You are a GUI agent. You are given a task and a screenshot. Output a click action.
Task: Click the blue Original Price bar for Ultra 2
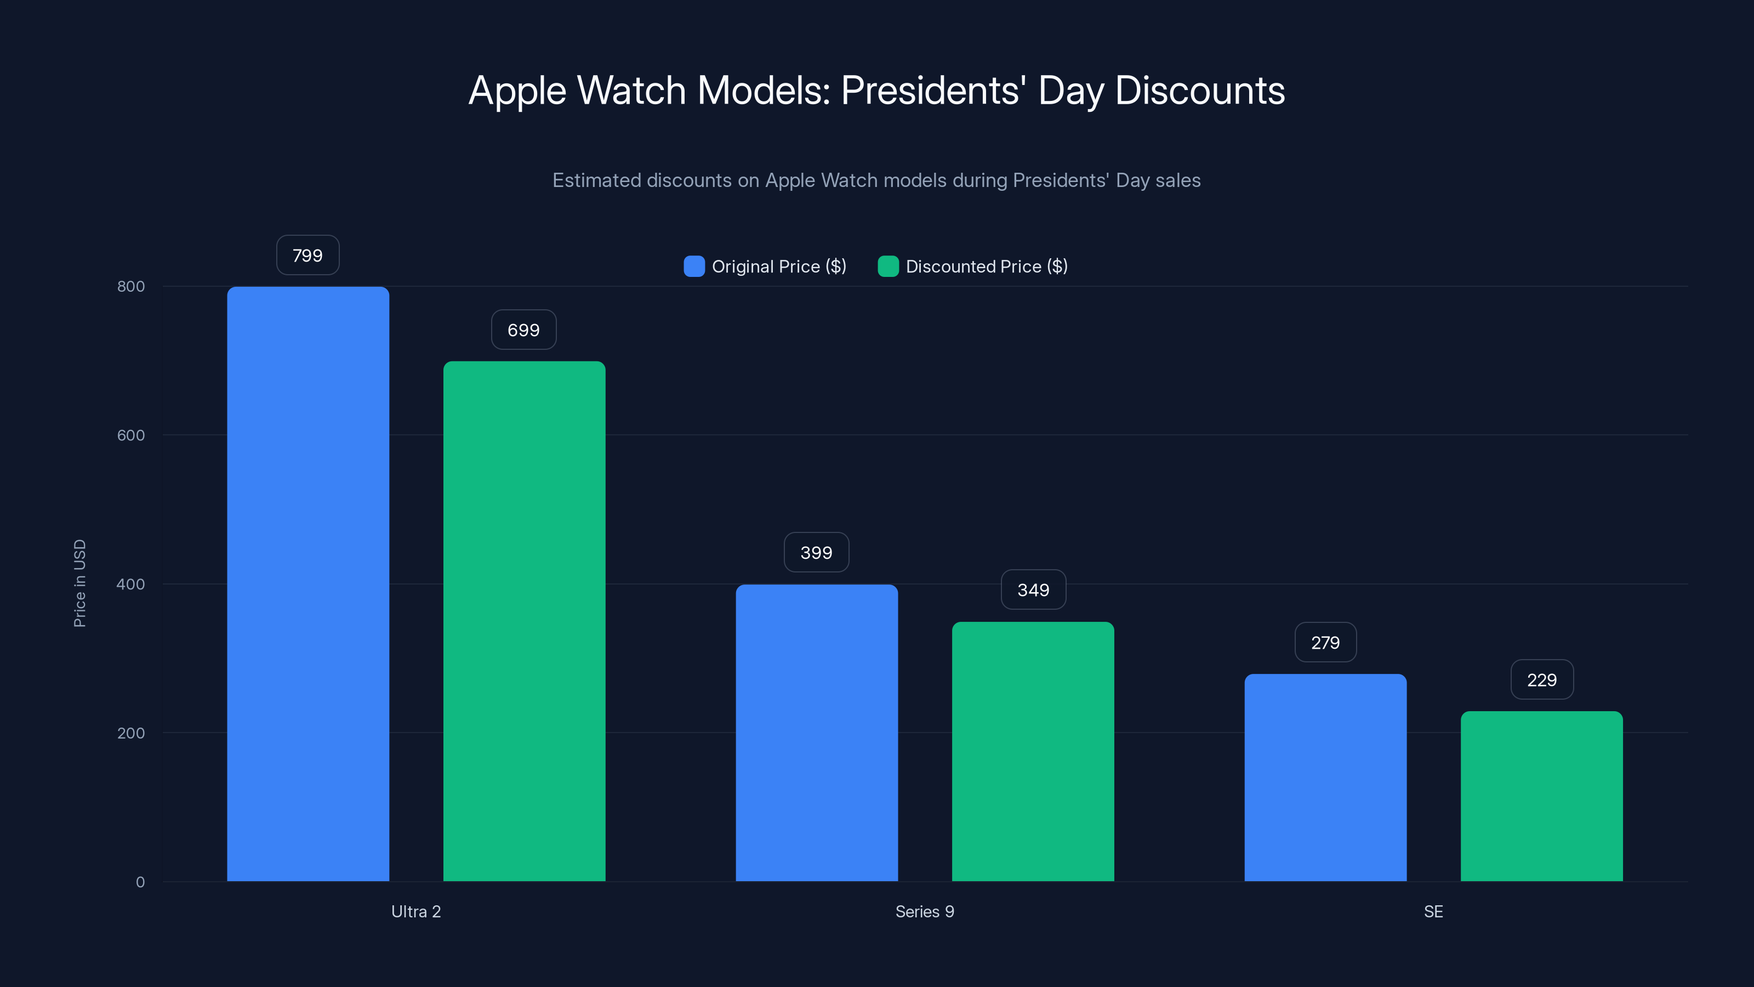click(307, 584)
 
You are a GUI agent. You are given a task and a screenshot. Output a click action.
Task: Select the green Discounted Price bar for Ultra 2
click(525, 621)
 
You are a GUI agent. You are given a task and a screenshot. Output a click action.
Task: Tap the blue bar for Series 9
click(816, 733)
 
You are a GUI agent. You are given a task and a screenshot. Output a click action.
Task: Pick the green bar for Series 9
click(1033, 751)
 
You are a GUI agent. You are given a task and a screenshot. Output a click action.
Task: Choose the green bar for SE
click(1541, 796)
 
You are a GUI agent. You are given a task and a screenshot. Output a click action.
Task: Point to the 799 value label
click(307, 256)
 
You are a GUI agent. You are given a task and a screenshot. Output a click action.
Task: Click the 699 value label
click(523, 330)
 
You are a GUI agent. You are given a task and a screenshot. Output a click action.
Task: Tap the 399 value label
click(816, 552)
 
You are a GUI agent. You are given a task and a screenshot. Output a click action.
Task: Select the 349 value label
click(1033, 590)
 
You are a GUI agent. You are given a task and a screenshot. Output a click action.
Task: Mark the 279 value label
click(1325, 642)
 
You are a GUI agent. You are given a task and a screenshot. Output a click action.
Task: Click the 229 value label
click(1541, 680)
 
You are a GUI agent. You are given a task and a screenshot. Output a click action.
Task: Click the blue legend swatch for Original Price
click(694, 266)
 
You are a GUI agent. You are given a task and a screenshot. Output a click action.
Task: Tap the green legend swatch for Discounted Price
click(888, 266)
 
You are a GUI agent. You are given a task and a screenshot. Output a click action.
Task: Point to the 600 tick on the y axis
click(131, 435)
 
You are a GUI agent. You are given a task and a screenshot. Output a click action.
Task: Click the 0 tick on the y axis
click(140, 882)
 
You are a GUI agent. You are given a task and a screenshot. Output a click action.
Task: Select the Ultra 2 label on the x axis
click(416, 911)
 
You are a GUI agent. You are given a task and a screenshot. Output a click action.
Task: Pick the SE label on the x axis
click(1433, 911)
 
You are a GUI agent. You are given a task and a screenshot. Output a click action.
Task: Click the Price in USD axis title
click(79, 583)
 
